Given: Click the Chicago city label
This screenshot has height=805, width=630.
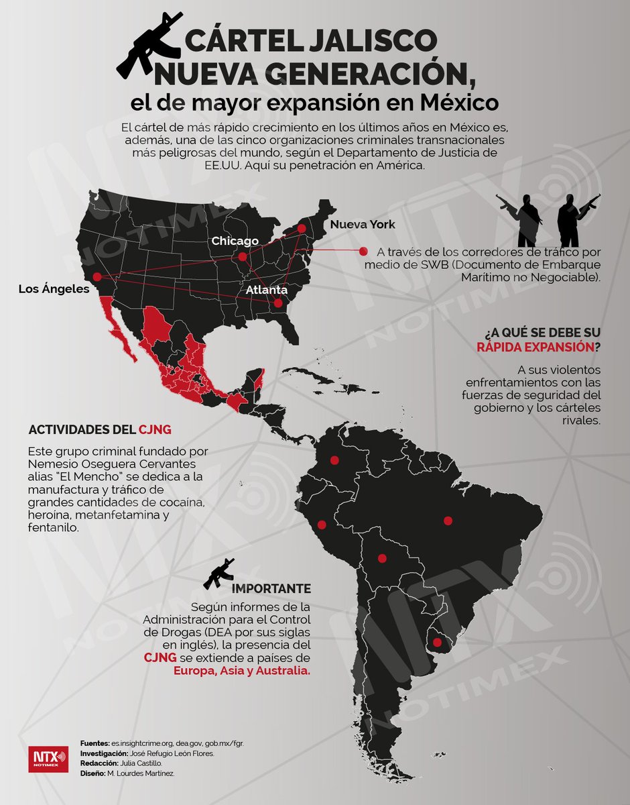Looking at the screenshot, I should (235, 241).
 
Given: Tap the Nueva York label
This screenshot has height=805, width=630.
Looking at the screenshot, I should (363, 224).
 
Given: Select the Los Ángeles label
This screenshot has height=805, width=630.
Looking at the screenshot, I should (54, 289).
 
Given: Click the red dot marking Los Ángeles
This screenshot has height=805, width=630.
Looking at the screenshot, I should (97, 276).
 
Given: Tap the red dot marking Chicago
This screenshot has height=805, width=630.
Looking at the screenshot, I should (243, 256).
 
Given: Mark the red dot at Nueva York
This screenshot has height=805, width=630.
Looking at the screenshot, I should (302, 229).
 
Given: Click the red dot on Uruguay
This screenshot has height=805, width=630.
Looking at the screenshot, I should (438, 643).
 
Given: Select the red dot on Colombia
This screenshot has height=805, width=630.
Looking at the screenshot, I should (334, 461).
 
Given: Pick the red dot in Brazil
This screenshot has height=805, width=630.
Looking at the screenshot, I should (448, 520).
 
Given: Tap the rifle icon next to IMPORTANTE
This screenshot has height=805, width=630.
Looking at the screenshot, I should (218, 574).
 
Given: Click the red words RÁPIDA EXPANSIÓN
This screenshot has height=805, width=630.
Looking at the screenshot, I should (535, 347).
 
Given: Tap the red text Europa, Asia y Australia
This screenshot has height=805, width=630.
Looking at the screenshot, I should (242, 671).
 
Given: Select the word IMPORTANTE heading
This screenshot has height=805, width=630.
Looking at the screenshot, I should (271, 588).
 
